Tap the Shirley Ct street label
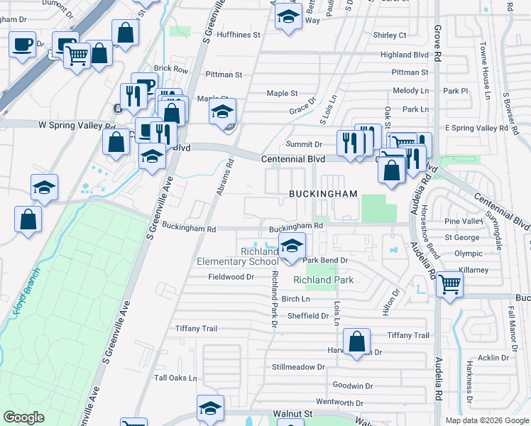pos(390,35)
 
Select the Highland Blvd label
pos(405,55)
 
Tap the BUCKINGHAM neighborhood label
pos(322,194)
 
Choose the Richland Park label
pos(323,280)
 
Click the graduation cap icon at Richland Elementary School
pos(291,247)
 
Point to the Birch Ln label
pos(296,299)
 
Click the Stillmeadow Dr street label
pos(297,367)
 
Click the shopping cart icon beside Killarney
pos(450,285)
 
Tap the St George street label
pos(462,237)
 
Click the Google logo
pos(23,417)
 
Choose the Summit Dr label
pos(304,144)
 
